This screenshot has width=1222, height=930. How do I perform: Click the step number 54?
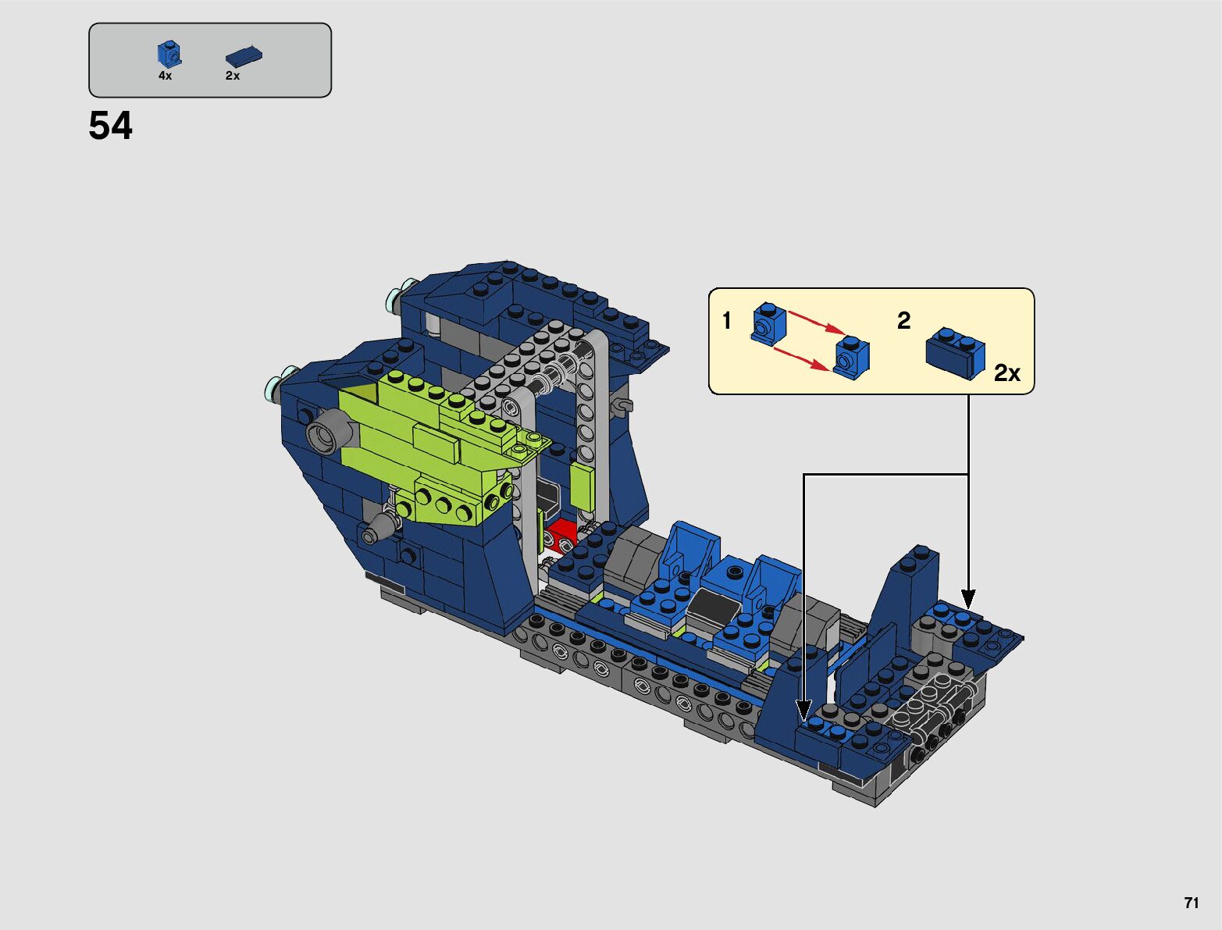tap(110, 125)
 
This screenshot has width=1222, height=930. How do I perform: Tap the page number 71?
tap(1192, 902)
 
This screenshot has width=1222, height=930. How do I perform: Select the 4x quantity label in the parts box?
tap(165, 76)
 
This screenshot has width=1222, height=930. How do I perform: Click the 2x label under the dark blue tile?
tap(232, 76)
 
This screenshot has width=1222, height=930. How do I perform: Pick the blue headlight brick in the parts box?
tap(169, 54)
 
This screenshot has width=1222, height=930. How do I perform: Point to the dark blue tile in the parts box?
tap(244, 56)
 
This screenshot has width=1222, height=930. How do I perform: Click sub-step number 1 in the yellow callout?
tap(726, 321)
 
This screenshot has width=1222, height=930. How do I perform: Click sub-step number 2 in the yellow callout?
tap(903, 320)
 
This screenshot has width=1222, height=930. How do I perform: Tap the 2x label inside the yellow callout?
tap(1007, 373)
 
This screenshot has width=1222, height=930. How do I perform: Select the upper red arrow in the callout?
tap(817, 322)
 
